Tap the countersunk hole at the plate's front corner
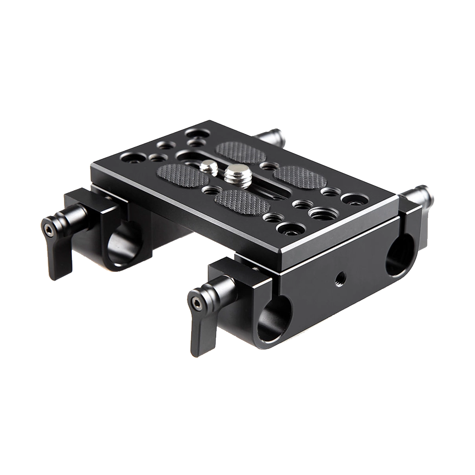point(288,228)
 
